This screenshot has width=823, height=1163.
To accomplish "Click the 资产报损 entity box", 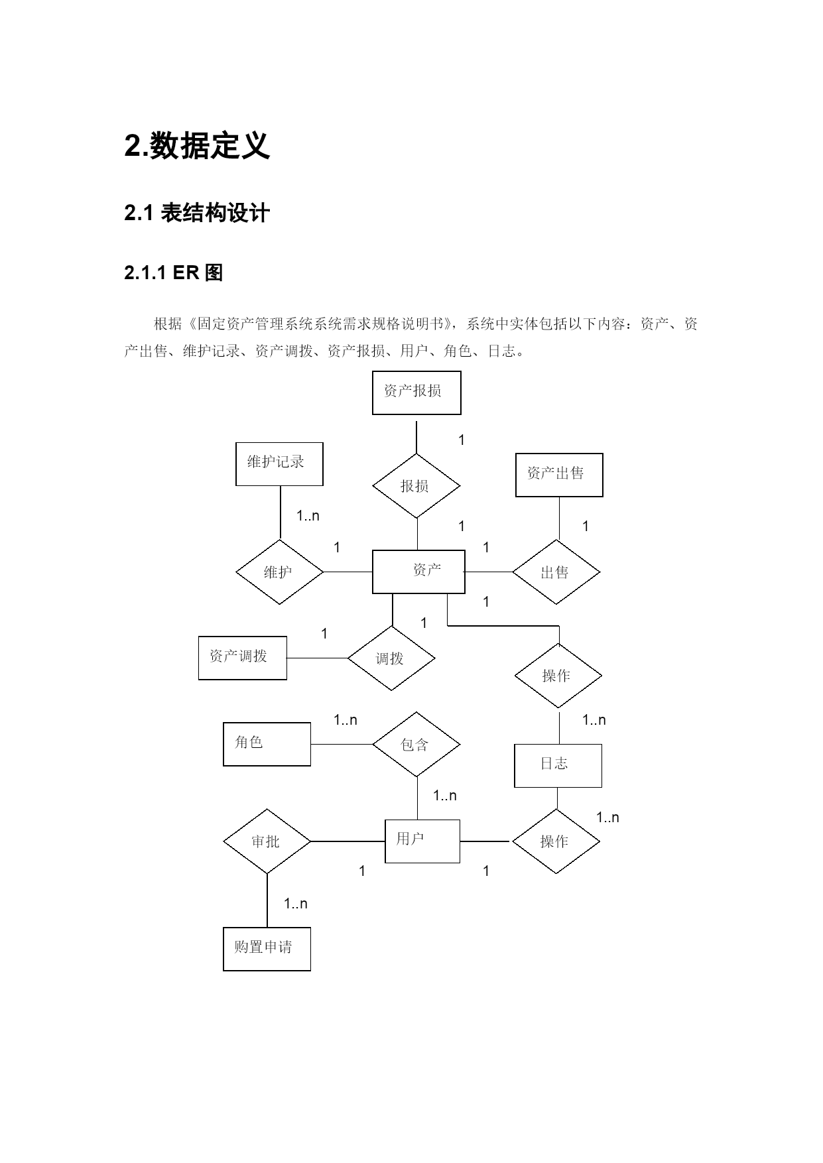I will (416, 393).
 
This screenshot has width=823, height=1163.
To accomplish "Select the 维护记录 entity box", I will (279, 463).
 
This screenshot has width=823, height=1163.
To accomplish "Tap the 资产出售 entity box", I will (559, 475).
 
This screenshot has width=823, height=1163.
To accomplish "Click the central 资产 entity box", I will (418, 571).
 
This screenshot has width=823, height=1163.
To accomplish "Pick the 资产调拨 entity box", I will (242, 658).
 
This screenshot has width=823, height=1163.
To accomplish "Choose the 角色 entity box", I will (267, 744).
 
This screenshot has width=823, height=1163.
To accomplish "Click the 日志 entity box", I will (558, 765).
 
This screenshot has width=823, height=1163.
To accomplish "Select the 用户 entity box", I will (422, 841).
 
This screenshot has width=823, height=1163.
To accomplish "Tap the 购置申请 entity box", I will (267, 949).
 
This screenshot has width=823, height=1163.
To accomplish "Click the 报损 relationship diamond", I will (416, 486).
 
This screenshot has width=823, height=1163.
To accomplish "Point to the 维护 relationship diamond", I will (279, 572).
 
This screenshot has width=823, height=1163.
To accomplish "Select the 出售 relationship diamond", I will (556, 572).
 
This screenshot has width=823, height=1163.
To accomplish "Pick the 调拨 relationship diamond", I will (391, 658).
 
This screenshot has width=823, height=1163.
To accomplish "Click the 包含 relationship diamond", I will (416, 745).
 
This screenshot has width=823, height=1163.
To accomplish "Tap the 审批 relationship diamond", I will (267, 841).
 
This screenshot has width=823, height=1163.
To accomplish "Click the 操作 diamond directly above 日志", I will (558, 676).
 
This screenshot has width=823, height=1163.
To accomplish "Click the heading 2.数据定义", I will (197, 146).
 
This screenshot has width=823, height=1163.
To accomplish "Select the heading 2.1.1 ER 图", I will (174, 273).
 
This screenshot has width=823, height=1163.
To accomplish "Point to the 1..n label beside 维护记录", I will (308, 516).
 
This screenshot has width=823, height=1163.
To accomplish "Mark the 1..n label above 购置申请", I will (296, 903).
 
